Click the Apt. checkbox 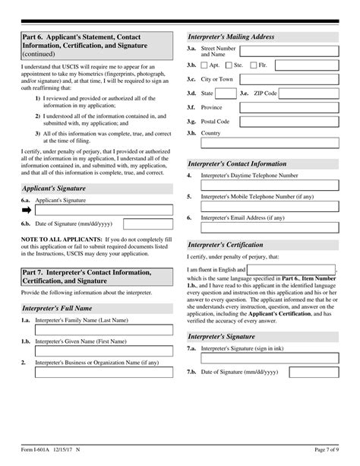(x=205, y=66)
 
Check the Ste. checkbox (x=229, y=66)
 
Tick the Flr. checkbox (x=253, y=66)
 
